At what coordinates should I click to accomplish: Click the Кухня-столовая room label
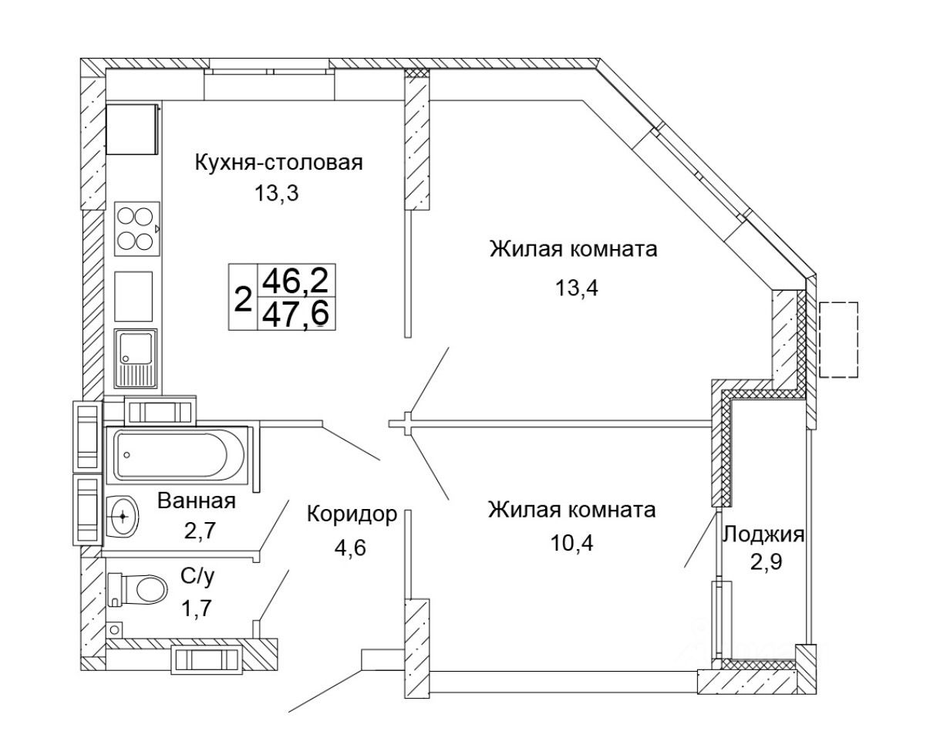click(x=278, y=163)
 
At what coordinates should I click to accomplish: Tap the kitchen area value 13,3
click(x=276, y=193)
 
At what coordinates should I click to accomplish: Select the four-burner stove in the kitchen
click(x=137, y=228)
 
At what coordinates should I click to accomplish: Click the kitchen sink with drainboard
click(x=136, y=358)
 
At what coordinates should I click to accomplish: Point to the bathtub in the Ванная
click(x=181, y=454)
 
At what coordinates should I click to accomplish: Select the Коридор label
click(x=352, y=514)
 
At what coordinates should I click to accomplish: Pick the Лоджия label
click(x=763, y=534)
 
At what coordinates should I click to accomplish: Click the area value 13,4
click(x=576, y=288)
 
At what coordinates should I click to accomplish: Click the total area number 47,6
click(x=296, y=315)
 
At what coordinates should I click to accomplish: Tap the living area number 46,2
click(x=296, y=281)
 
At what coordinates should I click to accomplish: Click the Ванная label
click(x=196, y=501)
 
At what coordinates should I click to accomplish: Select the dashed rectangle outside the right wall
click(x=838, y=340)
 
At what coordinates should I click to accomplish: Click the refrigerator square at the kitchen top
click(x=132, y=130)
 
